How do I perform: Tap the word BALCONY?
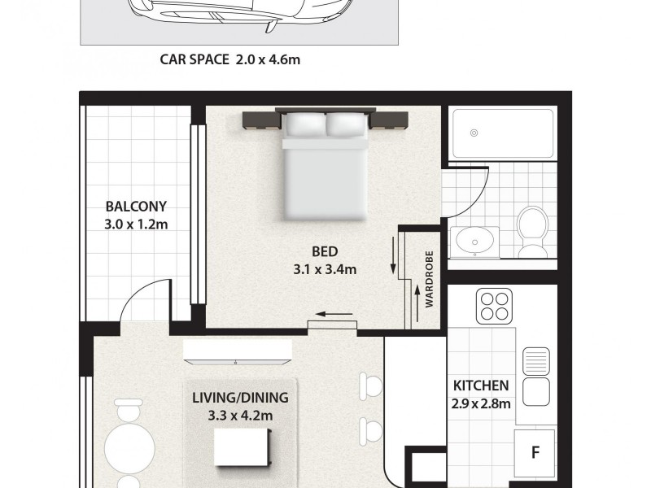coord(136,207)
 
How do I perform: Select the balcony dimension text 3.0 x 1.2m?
coord(136,224)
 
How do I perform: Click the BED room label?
coord(323,251)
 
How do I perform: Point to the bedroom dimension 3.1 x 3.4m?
coord(323,270)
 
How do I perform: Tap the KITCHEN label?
coord(481,386)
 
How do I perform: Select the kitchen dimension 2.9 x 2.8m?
coord(481,403)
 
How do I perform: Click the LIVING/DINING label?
coord(240,398)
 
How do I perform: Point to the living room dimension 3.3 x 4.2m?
coord(240,416)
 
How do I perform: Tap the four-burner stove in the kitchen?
coord(495,306)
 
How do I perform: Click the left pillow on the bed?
coord(303,124)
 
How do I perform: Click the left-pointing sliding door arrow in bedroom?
coord(330,314)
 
